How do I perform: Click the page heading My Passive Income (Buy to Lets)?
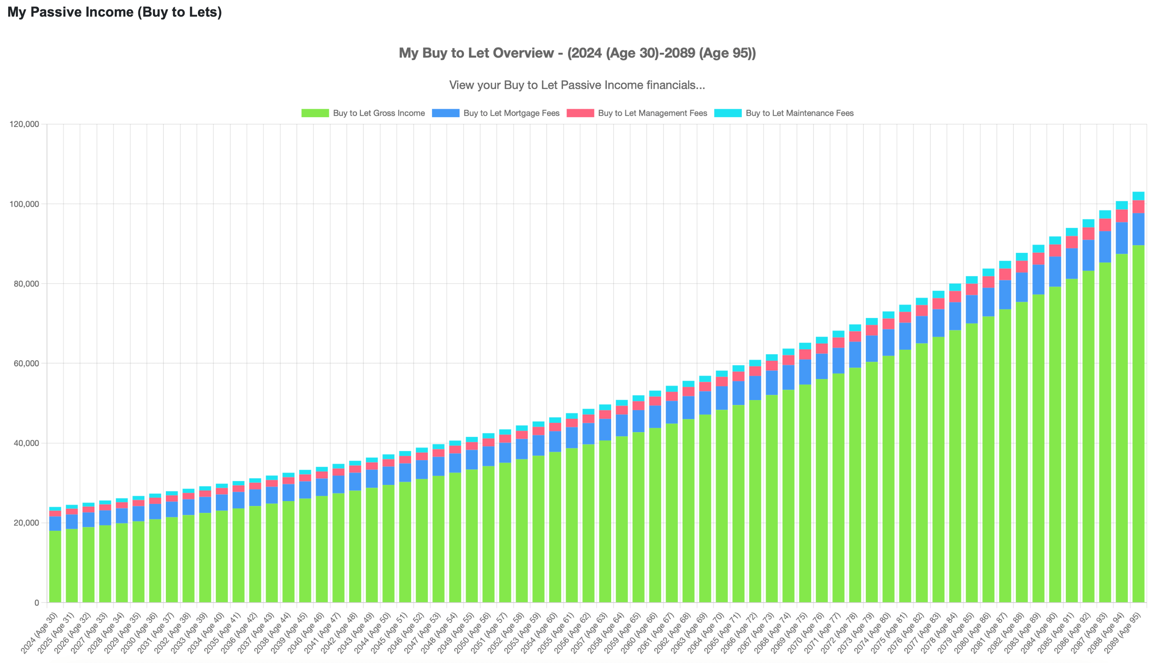115,12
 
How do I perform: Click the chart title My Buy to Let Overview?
577,53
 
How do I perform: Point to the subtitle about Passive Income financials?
577,85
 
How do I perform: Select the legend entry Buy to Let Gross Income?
379,113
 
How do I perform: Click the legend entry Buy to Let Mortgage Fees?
511,113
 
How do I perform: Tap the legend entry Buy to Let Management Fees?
652,113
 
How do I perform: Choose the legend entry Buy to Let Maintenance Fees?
799,113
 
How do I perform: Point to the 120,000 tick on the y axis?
25,124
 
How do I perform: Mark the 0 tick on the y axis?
36,603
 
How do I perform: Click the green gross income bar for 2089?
1138,424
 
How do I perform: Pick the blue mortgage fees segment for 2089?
1138,229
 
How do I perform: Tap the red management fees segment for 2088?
1122,216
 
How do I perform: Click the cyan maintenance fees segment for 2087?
1105,215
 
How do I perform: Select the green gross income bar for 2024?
55,567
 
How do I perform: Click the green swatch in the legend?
315,113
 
